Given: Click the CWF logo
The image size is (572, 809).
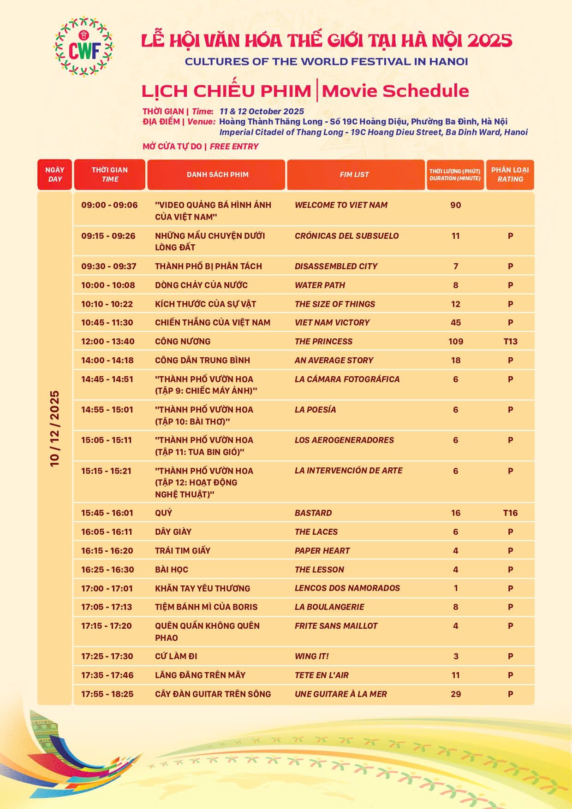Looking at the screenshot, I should point(84,47).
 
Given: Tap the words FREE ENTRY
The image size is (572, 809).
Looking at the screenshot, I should point(234,147).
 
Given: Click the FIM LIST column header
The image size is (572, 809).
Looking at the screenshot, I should point(354,175).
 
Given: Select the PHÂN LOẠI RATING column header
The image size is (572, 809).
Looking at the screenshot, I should point(510,175).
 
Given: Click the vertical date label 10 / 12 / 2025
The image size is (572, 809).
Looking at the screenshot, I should point(55,429).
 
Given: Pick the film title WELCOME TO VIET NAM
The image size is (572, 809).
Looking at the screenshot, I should point(341,205).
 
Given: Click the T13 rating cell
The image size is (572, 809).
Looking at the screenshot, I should point(510,342).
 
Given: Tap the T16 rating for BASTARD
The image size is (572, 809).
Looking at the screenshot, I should point(510,513).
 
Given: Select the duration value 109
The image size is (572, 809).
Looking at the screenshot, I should point(455,342).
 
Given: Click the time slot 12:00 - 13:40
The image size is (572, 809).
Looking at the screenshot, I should point(108,342).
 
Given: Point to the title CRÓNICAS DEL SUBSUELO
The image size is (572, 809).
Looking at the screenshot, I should point(346,236).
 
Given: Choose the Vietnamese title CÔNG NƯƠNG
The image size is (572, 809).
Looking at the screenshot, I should point(183,342).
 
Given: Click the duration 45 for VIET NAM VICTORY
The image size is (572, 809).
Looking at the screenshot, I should point(455,323).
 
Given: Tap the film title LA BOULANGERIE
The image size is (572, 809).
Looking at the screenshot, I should point(329,607).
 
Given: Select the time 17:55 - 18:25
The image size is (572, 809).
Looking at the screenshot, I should point(107,694).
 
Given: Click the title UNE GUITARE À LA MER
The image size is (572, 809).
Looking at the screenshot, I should point(340,694).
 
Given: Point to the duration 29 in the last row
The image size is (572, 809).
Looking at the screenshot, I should point(455,694).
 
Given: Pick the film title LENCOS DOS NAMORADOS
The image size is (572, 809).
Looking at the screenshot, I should point(347,588).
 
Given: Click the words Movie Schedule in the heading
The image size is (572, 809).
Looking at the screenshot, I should point(395,91).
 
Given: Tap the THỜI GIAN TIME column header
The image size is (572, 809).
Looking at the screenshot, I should point(110,175).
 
